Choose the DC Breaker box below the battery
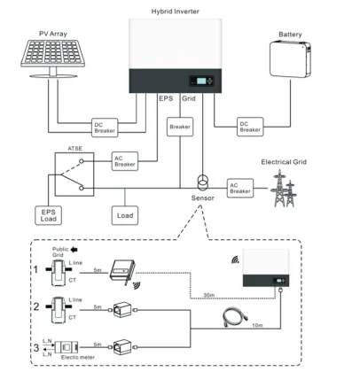tap(249, 127)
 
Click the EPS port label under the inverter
tap(166, 99)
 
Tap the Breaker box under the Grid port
tap(181, 128)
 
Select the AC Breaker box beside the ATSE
tap(124, 162)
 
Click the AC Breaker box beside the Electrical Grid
tap(240, 187)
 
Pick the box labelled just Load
tap(123, 215)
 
